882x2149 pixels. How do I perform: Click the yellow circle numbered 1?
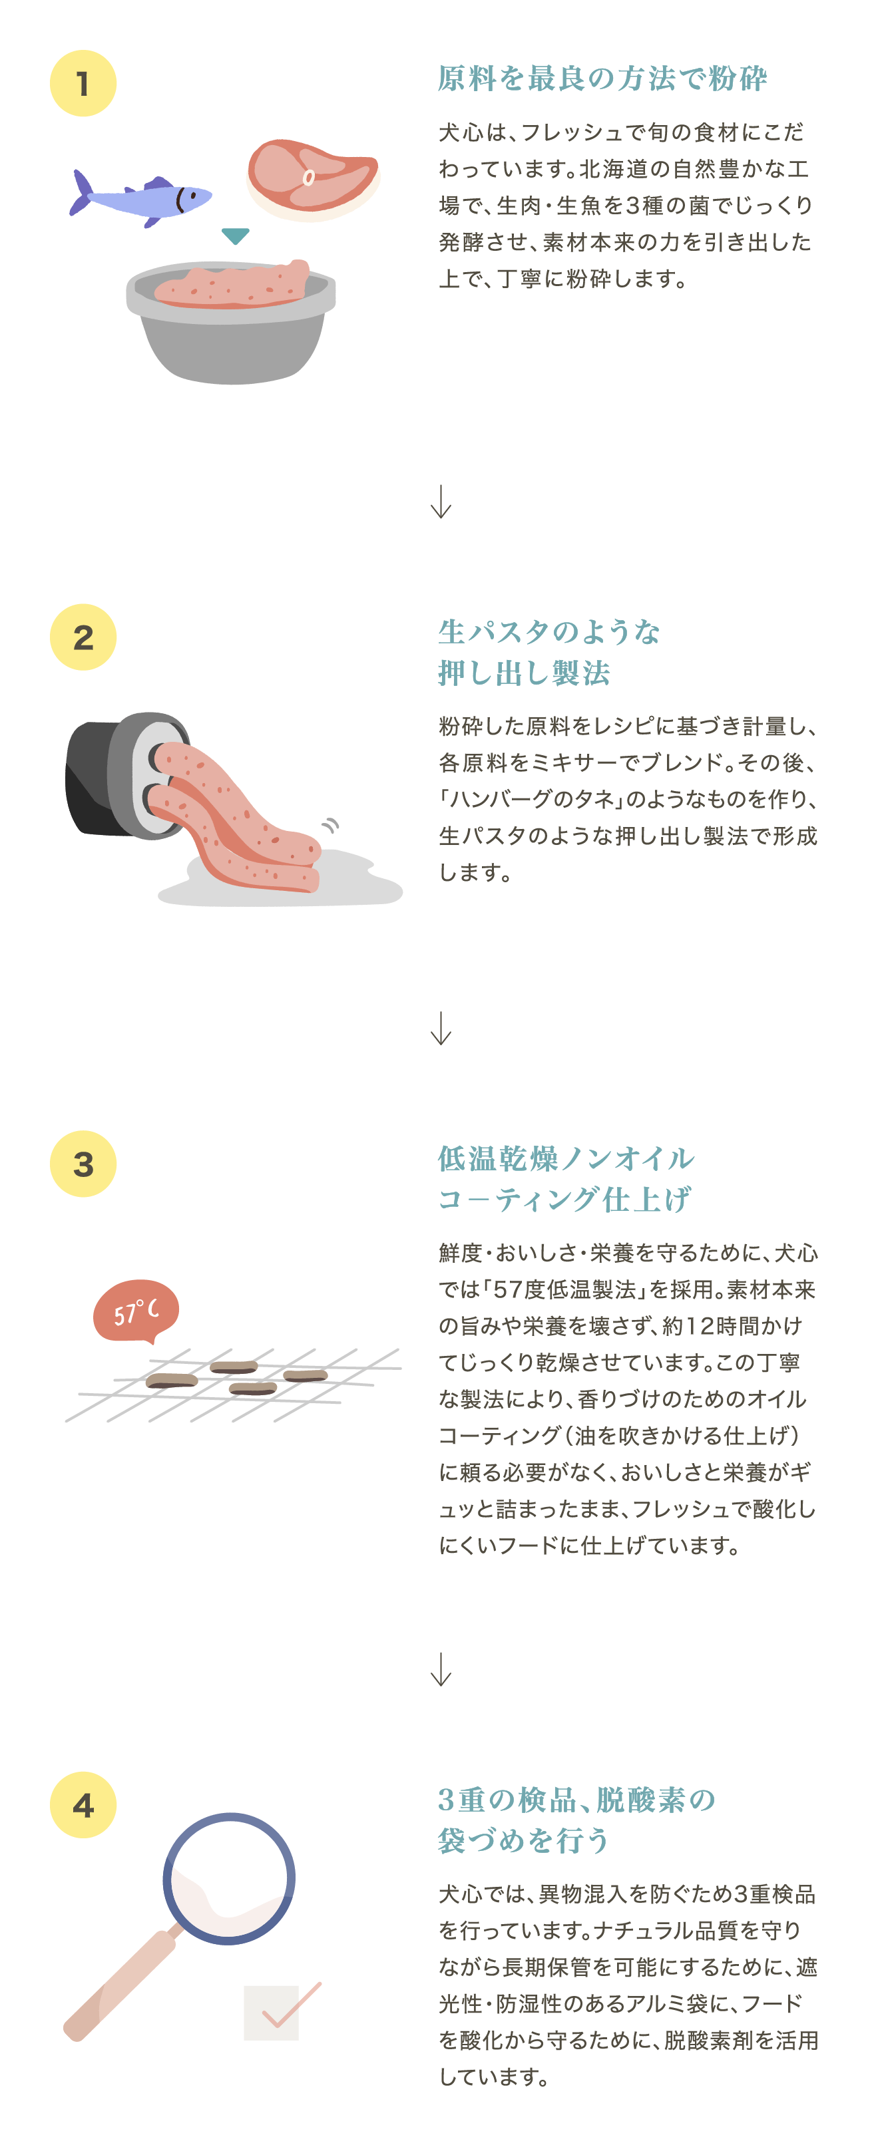tap(83, 83)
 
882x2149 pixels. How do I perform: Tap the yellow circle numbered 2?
tap(83, 637)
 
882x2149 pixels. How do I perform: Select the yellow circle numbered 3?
tap(83, 1164)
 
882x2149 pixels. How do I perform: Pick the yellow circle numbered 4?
tap(83, 1805)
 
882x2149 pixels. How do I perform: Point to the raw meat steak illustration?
tap(314, 178)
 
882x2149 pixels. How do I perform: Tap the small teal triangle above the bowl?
tap(236, 236)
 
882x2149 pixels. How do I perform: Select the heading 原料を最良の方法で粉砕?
tap(602, 79)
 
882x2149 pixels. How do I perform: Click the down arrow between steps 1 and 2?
tap(441, 502)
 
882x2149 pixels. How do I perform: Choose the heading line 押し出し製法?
tap(524, 673)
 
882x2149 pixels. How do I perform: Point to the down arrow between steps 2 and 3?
tap(441, 1029)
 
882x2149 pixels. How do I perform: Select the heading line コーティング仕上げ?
tap(565, 1200)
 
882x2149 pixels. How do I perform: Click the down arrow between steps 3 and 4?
tap(441, 1669)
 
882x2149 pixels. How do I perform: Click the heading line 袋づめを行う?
tap(524, 1840)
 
